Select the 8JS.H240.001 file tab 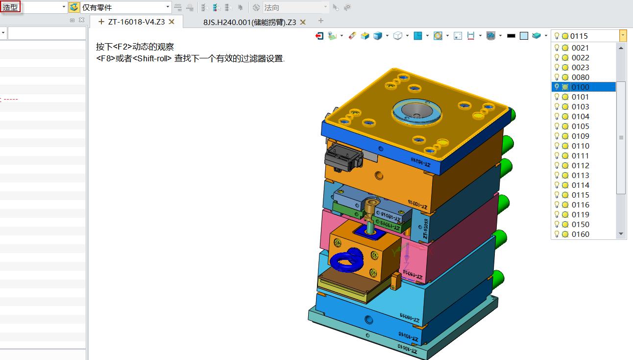pos(249,22)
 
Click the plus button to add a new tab pos(321,21)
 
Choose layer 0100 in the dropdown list pos(581,87)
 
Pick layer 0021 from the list pos(581,48)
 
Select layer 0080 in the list pos(581,77)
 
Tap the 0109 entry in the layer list pos(581,136)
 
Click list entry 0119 pos(581,214)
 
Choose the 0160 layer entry pos(581,234)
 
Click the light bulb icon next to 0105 pos(557,126)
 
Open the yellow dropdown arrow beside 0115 pos(623,36)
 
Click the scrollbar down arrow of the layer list pos(621,234)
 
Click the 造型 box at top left pos(10,7)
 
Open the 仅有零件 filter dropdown pos(168,7)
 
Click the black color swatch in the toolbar pos(511,36)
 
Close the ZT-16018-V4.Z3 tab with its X pos(172,22)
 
